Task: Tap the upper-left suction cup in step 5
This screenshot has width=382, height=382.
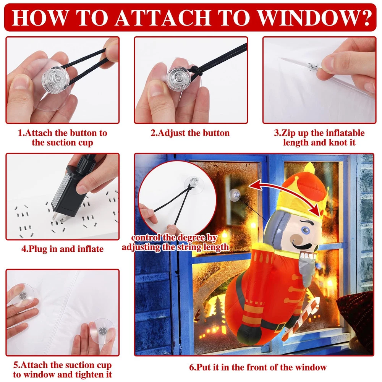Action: pyautogui.click(x=22, y=295)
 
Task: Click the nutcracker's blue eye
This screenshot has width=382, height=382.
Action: pyautogui.click(x=304, y=230)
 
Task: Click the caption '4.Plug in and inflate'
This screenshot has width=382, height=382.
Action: pyautogui.click(x=62, y=249)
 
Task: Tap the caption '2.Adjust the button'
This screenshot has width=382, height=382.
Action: pyautogui.click(x=190, y=133)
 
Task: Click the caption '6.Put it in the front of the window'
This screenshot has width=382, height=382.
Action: pyautogui.click(x=258, y=367)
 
